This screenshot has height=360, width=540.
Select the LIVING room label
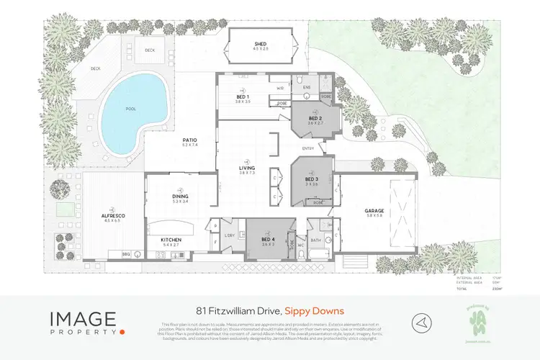pos(248,168)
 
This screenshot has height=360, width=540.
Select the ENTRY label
pos(308,149)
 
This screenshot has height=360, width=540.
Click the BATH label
pos(315,239)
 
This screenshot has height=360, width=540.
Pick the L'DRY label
pos(230,235)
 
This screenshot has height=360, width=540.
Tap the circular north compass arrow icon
pos(421,320)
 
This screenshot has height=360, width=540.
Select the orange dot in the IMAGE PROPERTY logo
pos(123,331)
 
